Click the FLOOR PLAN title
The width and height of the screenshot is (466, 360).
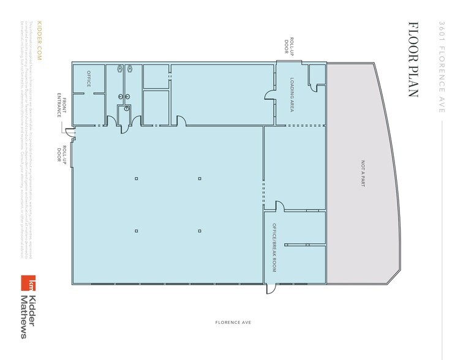pos(413,60)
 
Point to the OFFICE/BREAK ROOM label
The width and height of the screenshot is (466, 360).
pos(275,247)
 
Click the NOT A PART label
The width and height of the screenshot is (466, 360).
pos(363,173)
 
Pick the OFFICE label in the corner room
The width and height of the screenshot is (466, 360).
pos(88,79)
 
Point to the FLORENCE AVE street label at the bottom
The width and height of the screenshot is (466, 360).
pos(233,322)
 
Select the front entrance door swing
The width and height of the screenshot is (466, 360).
pos(70,132)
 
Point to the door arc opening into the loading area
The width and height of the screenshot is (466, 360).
pos(269,96)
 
